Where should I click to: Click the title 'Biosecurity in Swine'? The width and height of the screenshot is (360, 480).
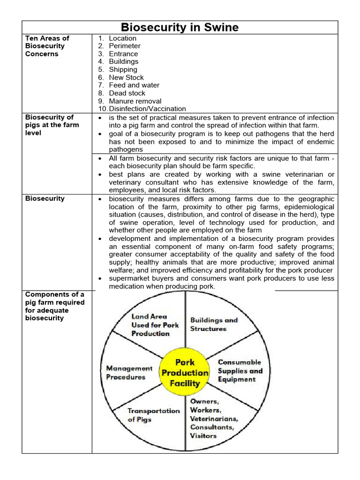[x=180, y=27]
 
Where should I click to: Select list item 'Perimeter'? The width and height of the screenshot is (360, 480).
[x=124, y=46]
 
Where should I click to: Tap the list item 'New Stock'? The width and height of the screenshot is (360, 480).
[x=126, y=77]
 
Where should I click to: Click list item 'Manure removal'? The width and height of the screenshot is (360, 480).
[x=135, y=101]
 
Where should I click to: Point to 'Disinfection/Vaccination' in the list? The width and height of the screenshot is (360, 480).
[x=147, y=109]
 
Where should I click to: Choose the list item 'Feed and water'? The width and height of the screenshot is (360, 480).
[x=134, y=85]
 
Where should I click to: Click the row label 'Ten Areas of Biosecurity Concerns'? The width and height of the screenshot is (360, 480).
[x=47, y=46]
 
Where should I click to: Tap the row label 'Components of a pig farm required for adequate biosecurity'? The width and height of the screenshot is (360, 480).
[x=54, y=306]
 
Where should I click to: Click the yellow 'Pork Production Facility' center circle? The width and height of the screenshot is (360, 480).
[x=185, y=373]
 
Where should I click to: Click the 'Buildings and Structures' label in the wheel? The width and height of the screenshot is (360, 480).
[x=214, y=324]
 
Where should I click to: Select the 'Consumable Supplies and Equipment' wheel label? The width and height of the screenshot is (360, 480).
[x=240, y=371]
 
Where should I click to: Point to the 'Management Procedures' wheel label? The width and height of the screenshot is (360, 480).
[x=129, y=373]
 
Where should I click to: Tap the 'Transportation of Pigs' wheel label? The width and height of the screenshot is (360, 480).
[x=153, y=415]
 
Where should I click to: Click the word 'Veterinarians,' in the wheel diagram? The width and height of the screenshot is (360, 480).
[x=214, y=419]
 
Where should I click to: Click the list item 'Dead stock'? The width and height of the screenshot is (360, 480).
[x=127, y=93]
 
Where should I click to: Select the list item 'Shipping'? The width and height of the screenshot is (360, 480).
[x=123, y=69]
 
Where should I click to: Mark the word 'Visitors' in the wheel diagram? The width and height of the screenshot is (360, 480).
[x=203, y=435]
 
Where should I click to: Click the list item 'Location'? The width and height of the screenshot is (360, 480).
[x=122, y=38]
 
